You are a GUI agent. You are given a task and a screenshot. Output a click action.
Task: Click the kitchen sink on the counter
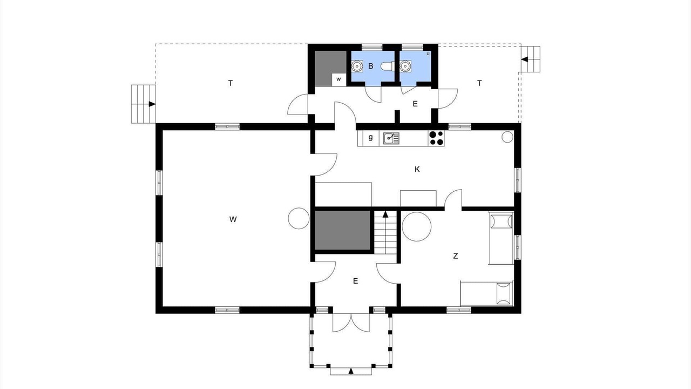click(x=391, y=138)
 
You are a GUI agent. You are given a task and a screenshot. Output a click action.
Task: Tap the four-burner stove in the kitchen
click(x=436, y=138)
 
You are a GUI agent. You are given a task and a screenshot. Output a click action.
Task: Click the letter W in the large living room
click(x=233, y=219)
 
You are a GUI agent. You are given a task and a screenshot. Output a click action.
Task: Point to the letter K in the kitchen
click(x=417, y=169)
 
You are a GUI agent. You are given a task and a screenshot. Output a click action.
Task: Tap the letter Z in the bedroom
click(x=455, y=256)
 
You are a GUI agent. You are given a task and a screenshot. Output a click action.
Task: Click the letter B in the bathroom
click(x=371, y=66)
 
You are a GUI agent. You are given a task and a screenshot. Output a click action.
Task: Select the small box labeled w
click(x=338, y=79)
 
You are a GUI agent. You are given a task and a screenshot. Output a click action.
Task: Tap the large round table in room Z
click(x=417, y=226)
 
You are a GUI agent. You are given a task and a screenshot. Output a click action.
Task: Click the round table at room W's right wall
click(x=299, y=218)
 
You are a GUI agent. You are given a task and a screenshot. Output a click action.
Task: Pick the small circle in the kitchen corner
click(x=507, y=137)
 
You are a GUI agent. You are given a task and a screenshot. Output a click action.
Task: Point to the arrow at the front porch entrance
click(x=351, y=371)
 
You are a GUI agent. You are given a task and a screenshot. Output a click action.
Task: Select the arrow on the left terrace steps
click(x=152, y=104)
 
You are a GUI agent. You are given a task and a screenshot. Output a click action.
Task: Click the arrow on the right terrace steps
click(x=525, y=59)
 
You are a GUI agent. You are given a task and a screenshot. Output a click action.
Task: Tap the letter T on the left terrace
click(x=231, y=83)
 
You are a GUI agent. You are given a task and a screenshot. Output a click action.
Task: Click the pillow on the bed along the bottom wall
click(x=504, y=293)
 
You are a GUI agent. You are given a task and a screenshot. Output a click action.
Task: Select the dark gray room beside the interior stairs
click(x=342, y=230)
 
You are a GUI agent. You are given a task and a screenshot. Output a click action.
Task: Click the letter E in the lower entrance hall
click(x=355, y=281)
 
